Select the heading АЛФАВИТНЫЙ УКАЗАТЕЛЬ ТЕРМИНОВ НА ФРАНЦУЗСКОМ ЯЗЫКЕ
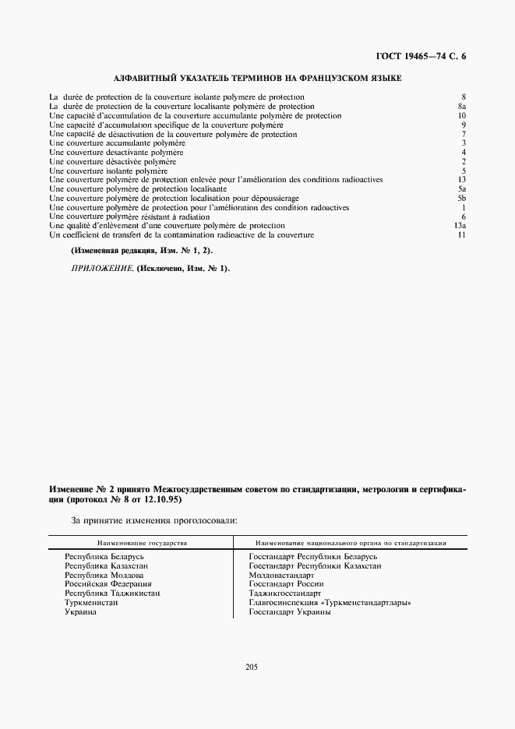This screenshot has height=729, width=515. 258,79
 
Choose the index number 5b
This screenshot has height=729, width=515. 461,199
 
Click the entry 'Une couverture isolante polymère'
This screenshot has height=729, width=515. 108,171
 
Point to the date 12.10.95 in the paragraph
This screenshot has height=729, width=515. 161,500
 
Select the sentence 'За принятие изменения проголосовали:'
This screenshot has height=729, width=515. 155,519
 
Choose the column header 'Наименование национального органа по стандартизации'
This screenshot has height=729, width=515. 351,542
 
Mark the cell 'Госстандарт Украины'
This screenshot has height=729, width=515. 290,612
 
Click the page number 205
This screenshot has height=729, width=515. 251,667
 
